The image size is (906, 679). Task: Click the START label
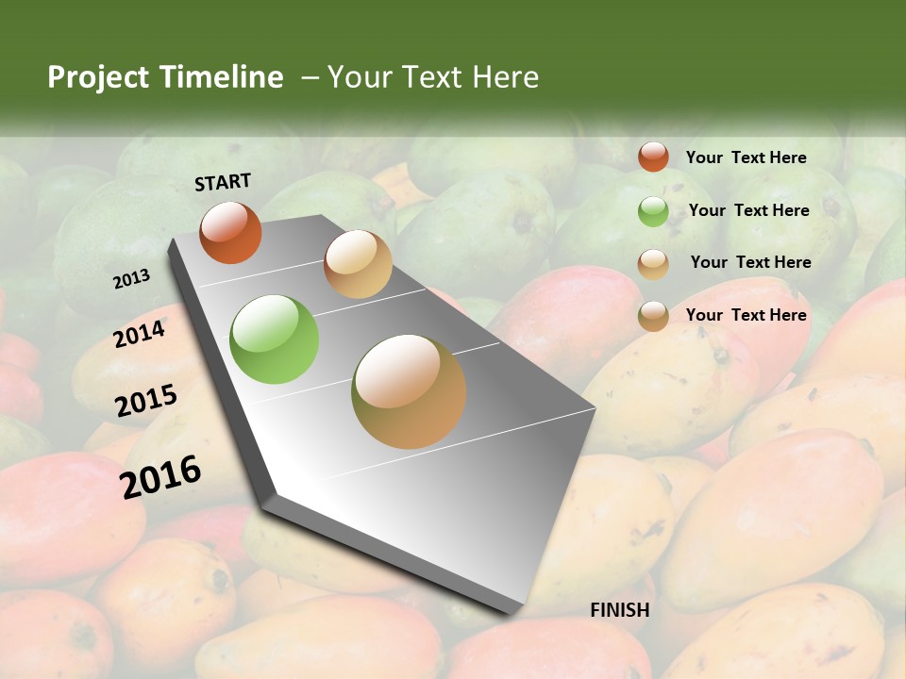(x=223, y=182)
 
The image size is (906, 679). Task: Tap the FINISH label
(x=620, y=610)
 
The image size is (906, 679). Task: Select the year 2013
(x=131, y=279)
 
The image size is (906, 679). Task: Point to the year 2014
(x=140, y=334)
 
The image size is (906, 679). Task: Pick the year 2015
(x=146, y=401)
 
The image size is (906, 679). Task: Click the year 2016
(x=160, y=477)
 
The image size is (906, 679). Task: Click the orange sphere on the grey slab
(x=230, y=232)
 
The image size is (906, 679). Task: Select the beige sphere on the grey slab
(x=358, y=264)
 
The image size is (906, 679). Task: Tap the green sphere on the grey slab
(x=275, y=339)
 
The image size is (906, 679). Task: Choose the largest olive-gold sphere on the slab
(x=409, y=391)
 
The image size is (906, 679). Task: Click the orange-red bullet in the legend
(x=653, y=157)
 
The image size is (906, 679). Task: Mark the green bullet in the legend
(x=653, y=211)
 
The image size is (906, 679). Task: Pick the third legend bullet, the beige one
(x=653, y=264)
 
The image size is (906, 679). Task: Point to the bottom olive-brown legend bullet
(x=653, y=316)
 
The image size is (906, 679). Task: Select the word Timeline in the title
(x=222, y=77)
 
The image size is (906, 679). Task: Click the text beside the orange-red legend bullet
(x=746, y=157)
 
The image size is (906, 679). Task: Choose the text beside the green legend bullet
(x=748, y=210)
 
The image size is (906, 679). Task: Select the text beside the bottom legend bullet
(x=746, y=315)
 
